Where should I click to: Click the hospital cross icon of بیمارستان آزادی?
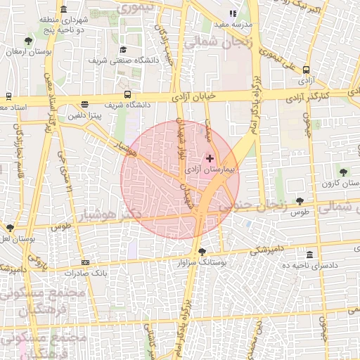click(210, 158)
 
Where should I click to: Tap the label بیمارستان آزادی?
click(211, 170)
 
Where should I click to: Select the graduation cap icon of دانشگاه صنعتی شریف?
click(123, 50)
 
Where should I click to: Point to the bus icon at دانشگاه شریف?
click(127, 94)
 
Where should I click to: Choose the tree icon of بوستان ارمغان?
click(27, 41)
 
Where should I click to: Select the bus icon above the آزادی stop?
click(306, 70)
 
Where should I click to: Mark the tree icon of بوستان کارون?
click(343, 171)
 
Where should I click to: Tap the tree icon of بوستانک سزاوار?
click(202, 251)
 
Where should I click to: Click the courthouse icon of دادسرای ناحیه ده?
click(310, 255)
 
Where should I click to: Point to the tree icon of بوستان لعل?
click(10, 228)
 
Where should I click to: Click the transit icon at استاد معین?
click(8, 96)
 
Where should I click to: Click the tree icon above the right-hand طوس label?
click(300, 201)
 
